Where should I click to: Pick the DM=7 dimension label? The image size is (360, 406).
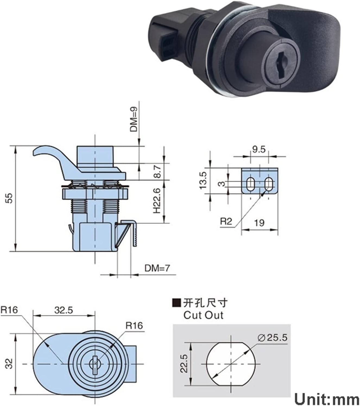click(x=157, y=268)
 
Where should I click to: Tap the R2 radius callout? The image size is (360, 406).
click(x=226, y=222)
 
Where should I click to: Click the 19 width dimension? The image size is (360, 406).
click(x=259, y=223)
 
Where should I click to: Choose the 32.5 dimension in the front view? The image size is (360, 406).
click(x=64, y=310)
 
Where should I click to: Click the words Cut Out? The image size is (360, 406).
click(x=203, y=315)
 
